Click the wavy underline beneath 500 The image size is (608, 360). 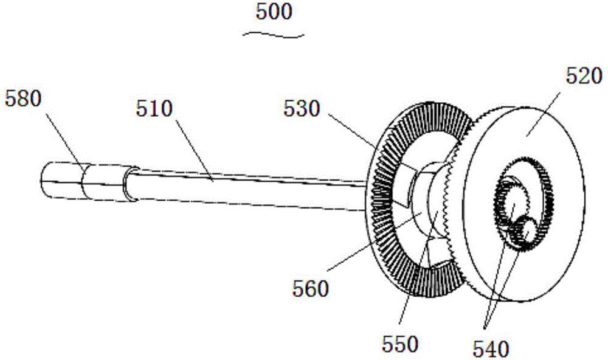274,35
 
